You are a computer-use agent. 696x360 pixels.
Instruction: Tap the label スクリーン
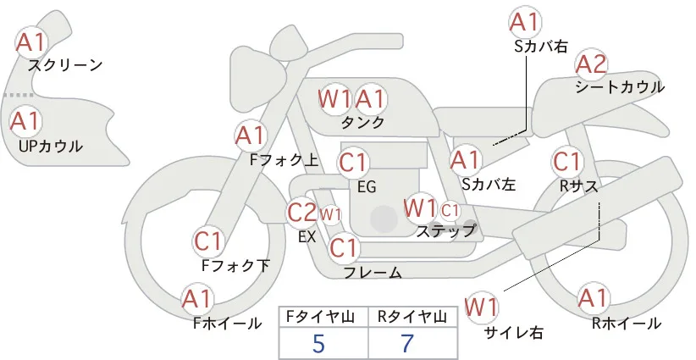tap(65, 65)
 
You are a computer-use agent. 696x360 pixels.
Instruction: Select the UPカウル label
tap(51, 146)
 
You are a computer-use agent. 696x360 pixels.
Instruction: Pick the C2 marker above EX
tap(301, 213)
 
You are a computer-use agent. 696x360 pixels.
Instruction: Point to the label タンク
tap(362, 122)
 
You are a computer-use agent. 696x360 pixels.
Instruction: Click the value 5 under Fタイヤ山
tap(318, 343)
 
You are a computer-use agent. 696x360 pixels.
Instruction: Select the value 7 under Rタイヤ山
tap(407, 343)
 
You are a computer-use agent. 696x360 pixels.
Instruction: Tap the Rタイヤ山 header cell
tap(413, 318)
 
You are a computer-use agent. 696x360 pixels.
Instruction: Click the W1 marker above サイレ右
tap(482, 307)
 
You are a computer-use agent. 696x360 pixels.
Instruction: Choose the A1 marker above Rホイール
tap(593, 298)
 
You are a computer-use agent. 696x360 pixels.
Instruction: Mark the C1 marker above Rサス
tap(566, 162)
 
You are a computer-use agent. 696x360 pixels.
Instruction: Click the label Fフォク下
tap(235, 265)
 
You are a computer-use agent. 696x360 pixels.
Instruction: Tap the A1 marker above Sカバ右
tap(525, 22)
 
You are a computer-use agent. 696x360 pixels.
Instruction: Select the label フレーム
tap(373, 273)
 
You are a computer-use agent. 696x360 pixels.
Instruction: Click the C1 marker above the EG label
tap(353, 163)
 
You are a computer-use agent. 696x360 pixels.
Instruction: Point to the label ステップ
tap(445, 231)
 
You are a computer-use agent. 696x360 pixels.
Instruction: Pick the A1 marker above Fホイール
tap(197, 299)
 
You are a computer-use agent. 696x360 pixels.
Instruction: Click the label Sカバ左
tap(489, 184)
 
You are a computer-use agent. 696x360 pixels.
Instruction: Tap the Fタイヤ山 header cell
tap(323, 318)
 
